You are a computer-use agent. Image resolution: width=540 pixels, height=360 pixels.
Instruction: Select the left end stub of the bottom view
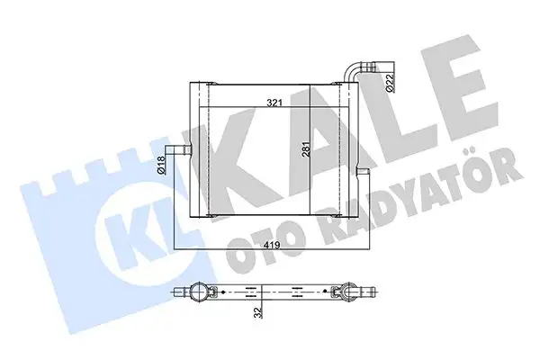(179, 291)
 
